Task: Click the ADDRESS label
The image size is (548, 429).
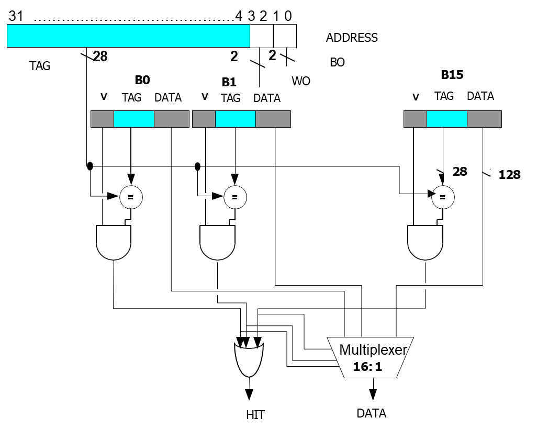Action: coord(351,38)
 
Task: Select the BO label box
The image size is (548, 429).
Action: coord(337,62)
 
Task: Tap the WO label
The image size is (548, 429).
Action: coord(301,81)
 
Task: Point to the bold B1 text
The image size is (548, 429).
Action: coord(229,82)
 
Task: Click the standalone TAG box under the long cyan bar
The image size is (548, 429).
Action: coord(40,66)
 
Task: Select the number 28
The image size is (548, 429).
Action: coord(460,172)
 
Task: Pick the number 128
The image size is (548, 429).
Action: coord(509,175)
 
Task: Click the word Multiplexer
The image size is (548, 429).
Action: coord(373,349)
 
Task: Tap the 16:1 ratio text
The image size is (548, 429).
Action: coord(367,367)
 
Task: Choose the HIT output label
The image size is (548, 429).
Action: coord(255,414)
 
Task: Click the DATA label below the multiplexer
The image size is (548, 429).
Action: coord(371,413)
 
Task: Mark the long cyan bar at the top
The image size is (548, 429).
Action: coord(128,36)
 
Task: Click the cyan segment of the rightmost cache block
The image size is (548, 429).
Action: coord(446,119)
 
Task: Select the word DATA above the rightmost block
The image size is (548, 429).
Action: coord(480,96)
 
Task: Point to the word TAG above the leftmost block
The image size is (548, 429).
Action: coord(131,98)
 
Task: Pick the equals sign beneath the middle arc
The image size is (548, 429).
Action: coord(218,292)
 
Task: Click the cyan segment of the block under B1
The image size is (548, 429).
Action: coord(235,119)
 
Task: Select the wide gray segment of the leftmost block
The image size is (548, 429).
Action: coord(171,119)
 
